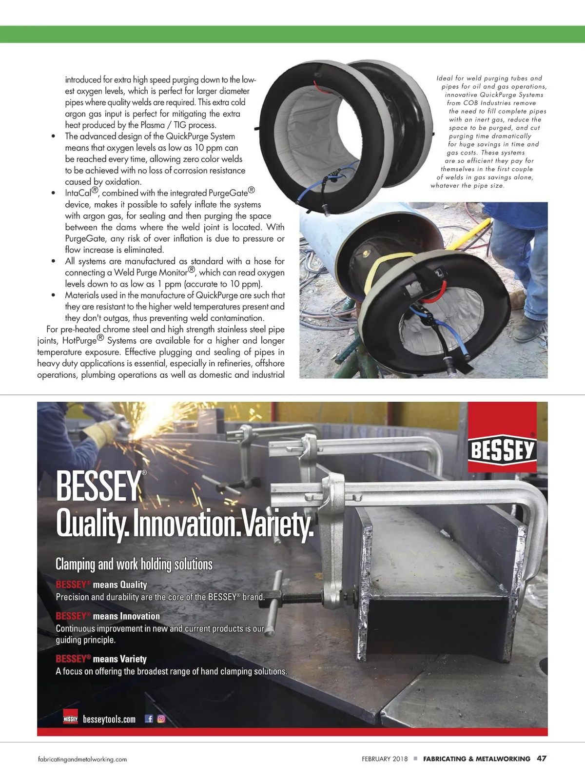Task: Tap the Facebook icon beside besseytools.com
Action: tap(149, 719)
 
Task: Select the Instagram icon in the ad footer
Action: tap(161, 719)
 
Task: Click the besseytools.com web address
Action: tap(109, 719)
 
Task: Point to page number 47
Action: tap(542, 759)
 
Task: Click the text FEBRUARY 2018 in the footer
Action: tap(385, 759)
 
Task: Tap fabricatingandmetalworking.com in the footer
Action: tap(82, 759)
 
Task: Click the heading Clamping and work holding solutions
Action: tap(134, 564)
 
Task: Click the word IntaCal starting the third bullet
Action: tap(78, 193)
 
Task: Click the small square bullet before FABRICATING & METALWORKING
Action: tap(415, 759)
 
